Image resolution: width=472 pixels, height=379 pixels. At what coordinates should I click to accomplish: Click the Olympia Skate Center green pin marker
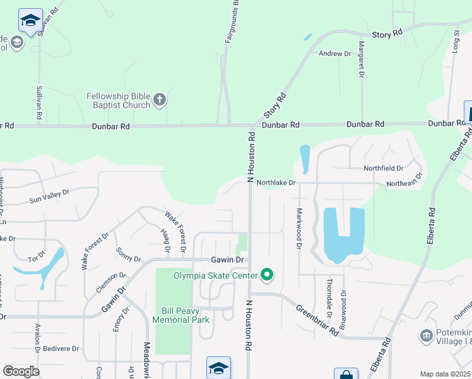tap(267, 275)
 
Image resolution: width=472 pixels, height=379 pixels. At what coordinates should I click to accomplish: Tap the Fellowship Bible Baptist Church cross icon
tap(160, 99)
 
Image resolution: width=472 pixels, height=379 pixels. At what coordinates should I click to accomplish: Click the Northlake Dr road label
tap(276, 183)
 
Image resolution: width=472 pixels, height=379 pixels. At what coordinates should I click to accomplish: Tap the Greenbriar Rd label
tap(317, 320)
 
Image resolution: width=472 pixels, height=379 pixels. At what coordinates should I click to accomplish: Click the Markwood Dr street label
tap(299, 229)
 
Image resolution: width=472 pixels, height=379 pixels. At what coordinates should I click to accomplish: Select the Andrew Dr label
tap(334, 54)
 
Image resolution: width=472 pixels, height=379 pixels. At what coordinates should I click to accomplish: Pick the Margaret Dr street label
tap(362, 58)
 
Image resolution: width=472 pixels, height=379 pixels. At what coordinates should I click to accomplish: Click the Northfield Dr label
tap(383, 169)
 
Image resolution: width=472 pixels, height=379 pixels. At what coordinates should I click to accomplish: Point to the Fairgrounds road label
tap(232, 22)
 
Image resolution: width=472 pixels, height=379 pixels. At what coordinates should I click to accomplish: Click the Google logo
tap(21, 371)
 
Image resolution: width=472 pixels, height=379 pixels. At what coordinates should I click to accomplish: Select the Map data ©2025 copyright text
tap(445, 374)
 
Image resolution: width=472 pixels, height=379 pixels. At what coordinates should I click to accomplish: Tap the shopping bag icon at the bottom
tap(346, 374)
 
